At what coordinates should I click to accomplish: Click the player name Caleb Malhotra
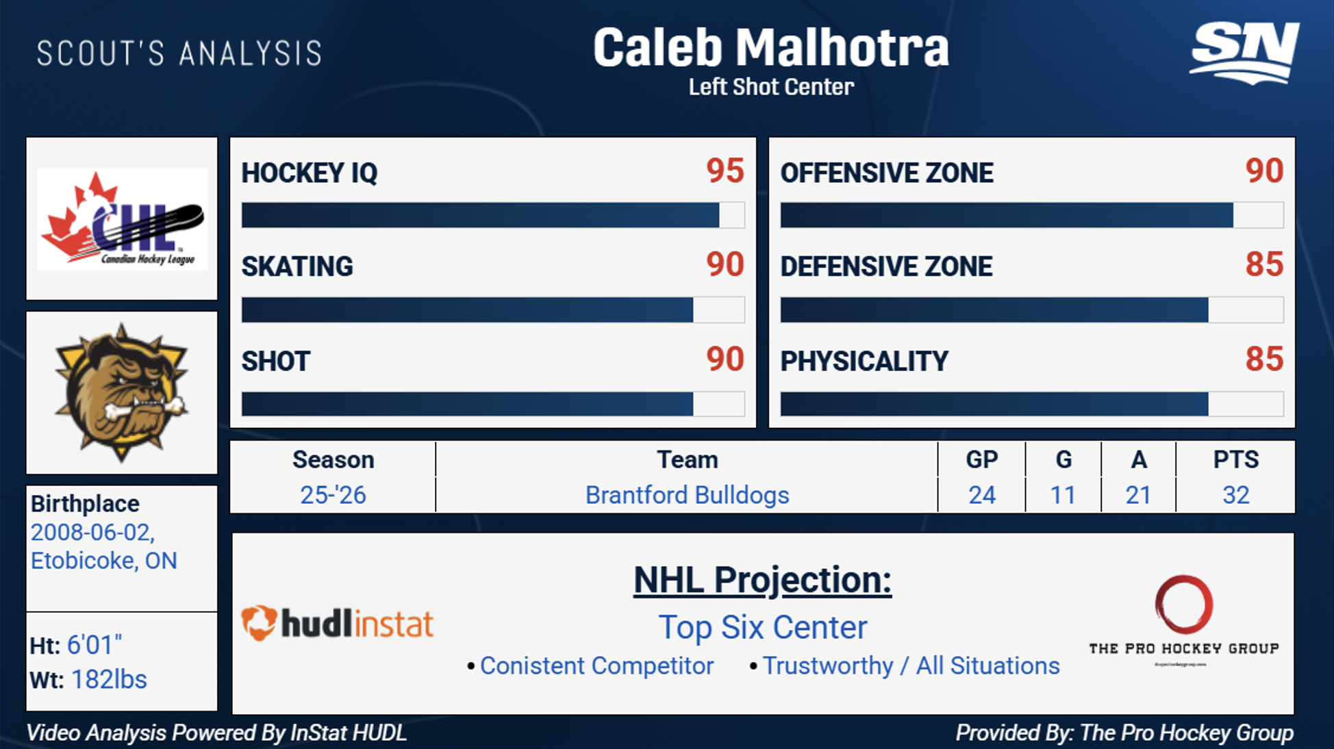pos(771,48)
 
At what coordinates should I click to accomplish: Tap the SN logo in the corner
pos(1244,53)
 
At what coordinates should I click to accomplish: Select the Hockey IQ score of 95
pos(725,170)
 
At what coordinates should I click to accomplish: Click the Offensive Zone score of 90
pos(1264,170)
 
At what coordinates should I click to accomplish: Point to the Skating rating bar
pos(493,309)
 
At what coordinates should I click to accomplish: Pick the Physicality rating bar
pos(1032,404)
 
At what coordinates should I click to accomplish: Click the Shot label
pos(276,361)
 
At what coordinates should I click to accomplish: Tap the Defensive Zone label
pos(886,266)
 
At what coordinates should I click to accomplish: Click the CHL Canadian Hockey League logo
pos(123,219)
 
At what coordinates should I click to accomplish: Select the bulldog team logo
pos(122,392)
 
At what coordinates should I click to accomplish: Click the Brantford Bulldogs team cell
pos(687,494)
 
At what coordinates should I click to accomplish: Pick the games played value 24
pos(982,494)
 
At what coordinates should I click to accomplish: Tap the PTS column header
pos(1235,459)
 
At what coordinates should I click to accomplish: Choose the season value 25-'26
pos(333,494)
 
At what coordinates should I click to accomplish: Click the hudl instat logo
pos(338,623)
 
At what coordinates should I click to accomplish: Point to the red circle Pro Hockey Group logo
pos(1184,605)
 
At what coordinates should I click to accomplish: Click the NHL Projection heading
pos(762,581)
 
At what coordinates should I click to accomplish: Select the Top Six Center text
pos(763,627)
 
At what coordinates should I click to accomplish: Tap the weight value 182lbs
pos(109,679)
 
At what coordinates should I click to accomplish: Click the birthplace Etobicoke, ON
pos(104,561)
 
